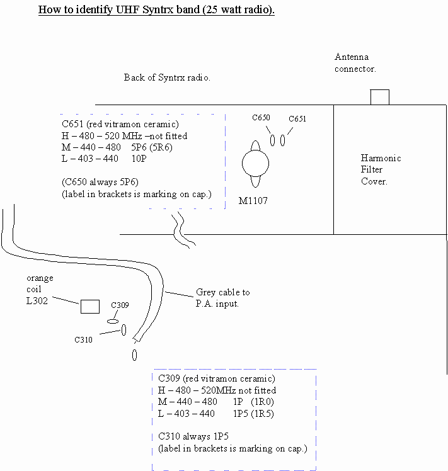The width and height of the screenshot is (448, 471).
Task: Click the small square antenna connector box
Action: (379, 97)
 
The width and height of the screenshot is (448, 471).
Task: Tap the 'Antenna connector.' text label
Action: (355, 63)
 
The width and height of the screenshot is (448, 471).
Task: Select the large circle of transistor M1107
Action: (255, 164)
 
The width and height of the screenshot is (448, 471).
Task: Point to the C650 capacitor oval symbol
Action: (272, 140)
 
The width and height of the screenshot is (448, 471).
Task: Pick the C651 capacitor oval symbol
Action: (282, 140)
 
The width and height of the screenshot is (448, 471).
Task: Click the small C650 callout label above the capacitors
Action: (261, 118)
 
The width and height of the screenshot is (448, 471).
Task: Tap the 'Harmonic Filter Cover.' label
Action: (381, 169)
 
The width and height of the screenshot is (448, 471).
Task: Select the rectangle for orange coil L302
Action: (89, 307)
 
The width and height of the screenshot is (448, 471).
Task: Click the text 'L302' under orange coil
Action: (37, 300)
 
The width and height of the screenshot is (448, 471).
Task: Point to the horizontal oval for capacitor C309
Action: (113, 321)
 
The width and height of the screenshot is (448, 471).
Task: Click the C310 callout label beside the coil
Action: (83, 340)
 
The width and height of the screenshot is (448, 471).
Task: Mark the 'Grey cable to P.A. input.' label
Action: (222, 297)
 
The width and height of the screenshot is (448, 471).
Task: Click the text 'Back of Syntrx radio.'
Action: (167, 77)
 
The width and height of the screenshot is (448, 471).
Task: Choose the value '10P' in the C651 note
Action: (140, 159)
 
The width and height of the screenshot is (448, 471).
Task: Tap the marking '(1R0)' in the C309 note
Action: (262, 402)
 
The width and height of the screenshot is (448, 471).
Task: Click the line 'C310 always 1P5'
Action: (193, 436)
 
